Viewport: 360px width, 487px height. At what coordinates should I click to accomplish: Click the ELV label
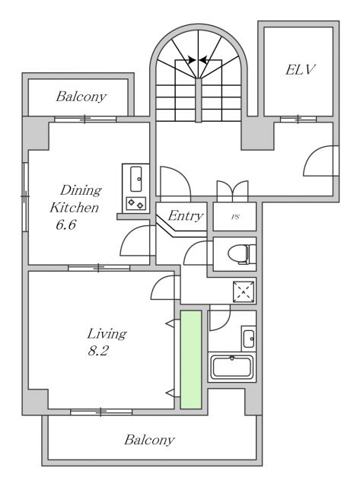click(300, 69)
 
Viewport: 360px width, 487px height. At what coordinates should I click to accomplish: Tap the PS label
click(235, 217)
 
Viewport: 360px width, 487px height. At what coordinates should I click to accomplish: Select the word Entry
click(186, 216)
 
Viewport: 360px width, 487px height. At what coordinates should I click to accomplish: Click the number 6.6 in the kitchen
click(66, 224)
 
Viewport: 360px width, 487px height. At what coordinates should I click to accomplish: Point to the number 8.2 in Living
click(97, 351)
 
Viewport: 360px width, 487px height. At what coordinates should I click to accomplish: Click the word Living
click(107, 334)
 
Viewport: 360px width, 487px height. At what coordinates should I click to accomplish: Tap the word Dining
click(81, 190)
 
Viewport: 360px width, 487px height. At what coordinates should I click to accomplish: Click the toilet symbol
click(242, 253)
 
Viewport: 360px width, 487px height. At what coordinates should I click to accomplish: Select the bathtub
click(231, 368)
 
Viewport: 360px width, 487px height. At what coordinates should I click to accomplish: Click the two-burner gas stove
click(136, 203)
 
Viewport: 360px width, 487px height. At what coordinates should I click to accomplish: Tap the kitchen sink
click(136, 180)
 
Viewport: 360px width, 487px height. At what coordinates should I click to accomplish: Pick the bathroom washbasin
click(249, 339)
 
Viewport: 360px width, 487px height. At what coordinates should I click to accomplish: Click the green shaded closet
click(191, 360)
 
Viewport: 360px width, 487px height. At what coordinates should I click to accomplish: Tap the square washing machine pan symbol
click(244, 292)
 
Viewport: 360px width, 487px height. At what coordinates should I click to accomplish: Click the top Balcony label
click(81, 97)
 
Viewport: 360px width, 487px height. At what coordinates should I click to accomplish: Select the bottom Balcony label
click(149, 440)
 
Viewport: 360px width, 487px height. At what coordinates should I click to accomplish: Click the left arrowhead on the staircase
click(192, 59)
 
